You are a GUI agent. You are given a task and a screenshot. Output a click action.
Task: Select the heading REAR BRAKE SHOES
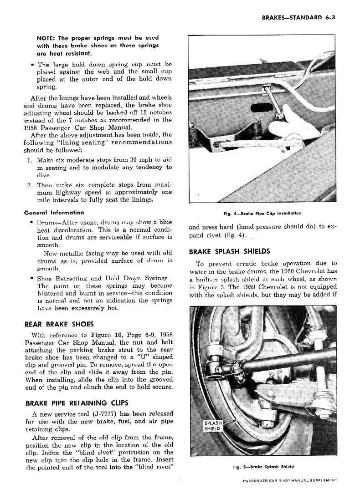pyautogui.click(x=59, y=324)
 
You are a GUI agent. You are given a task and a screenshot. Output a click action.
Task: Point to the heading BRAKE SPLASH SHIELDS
pyautogui.click(x=229, y=251)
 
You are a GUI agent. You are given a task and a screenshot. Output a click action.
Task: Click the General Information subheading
pyautogui.click(x=54, y=212)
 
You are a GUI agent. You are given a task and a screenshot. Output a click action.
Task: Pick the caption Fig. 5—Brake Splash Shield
pyautogui.click(x=263, y=466)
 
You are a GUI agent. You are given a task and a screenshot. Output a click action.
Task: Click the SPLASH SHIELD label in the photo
pyautogui.click(x=212, y=426)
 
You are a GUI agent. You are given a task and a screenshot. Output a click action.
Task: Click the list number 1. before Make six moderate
pyautogui.click(x=29, y=160)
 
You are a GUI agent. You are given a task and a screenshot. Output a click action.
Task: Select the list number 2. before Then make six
pyautogui.click(x=29, y=185)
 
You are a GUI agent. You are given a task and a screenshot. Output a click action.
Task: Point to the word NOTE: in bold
pyautogui.click(x=46, y=38)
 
